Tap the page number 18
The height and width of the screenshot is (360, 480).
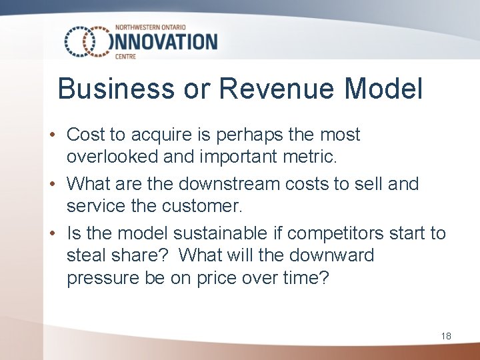click(446, 336)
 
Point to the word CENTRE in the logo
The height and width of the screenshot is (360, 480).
click(125, 57)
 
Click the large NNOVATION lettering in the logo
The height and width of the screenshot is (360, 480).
click(166, 41)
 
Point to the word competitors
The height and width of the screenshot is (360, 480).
click(326, 233)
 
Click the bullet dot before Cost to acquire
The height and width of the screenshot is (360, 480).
click(51, 135)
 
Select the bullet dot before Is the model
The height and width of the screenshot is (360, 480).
click(51, 233)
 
